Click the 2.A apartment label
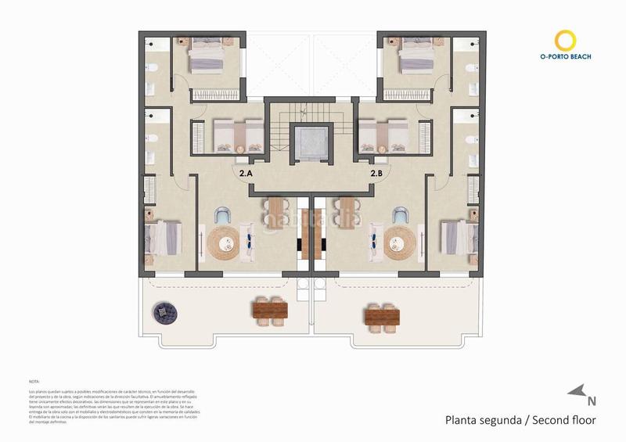click(245, 173)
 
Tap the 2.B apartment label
click(376, 173)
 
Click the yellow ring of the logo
click(565, 41)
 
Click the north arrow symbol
click(580, 393)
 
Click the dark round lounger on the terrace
click(166, 313)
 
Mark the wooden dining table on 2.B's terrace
click(381, 315)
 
